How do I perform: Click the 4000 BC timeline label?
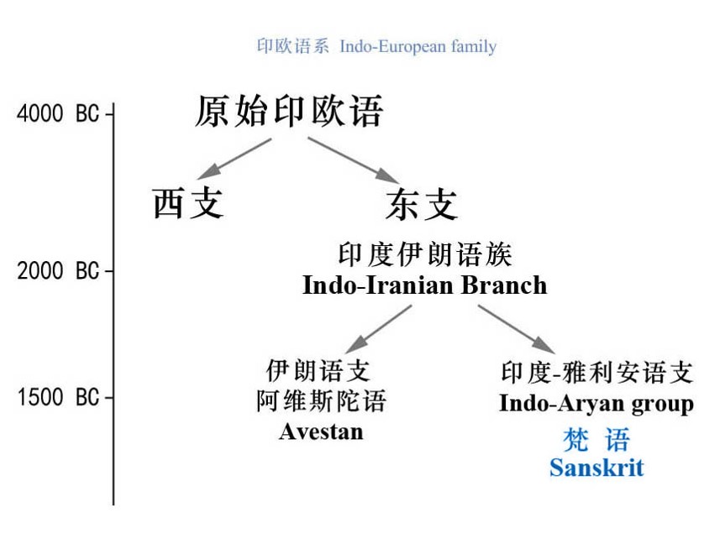coord(58,113)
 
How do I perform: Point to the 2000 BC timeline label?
coord(58,271)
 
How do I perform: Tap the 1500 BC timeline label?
coord(58,397)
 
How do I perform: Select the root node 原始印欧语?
coord(289,112)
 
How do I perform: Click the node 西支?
coord(188,203)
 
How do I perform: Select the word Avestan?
coord(321,432)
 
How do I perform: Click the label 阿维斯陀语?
coord(321,401)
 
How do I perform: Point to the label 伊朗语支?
coord(318,370)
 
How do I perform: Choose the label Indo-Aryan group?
coord(596,404)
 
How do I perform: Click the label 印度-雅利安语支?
coord(596,373)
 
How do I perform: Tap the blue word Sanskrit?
coord(596,467)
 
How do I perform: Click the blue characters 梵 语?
coord(596,439)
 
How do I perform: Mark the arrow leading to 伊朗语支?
coord(377,328)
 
